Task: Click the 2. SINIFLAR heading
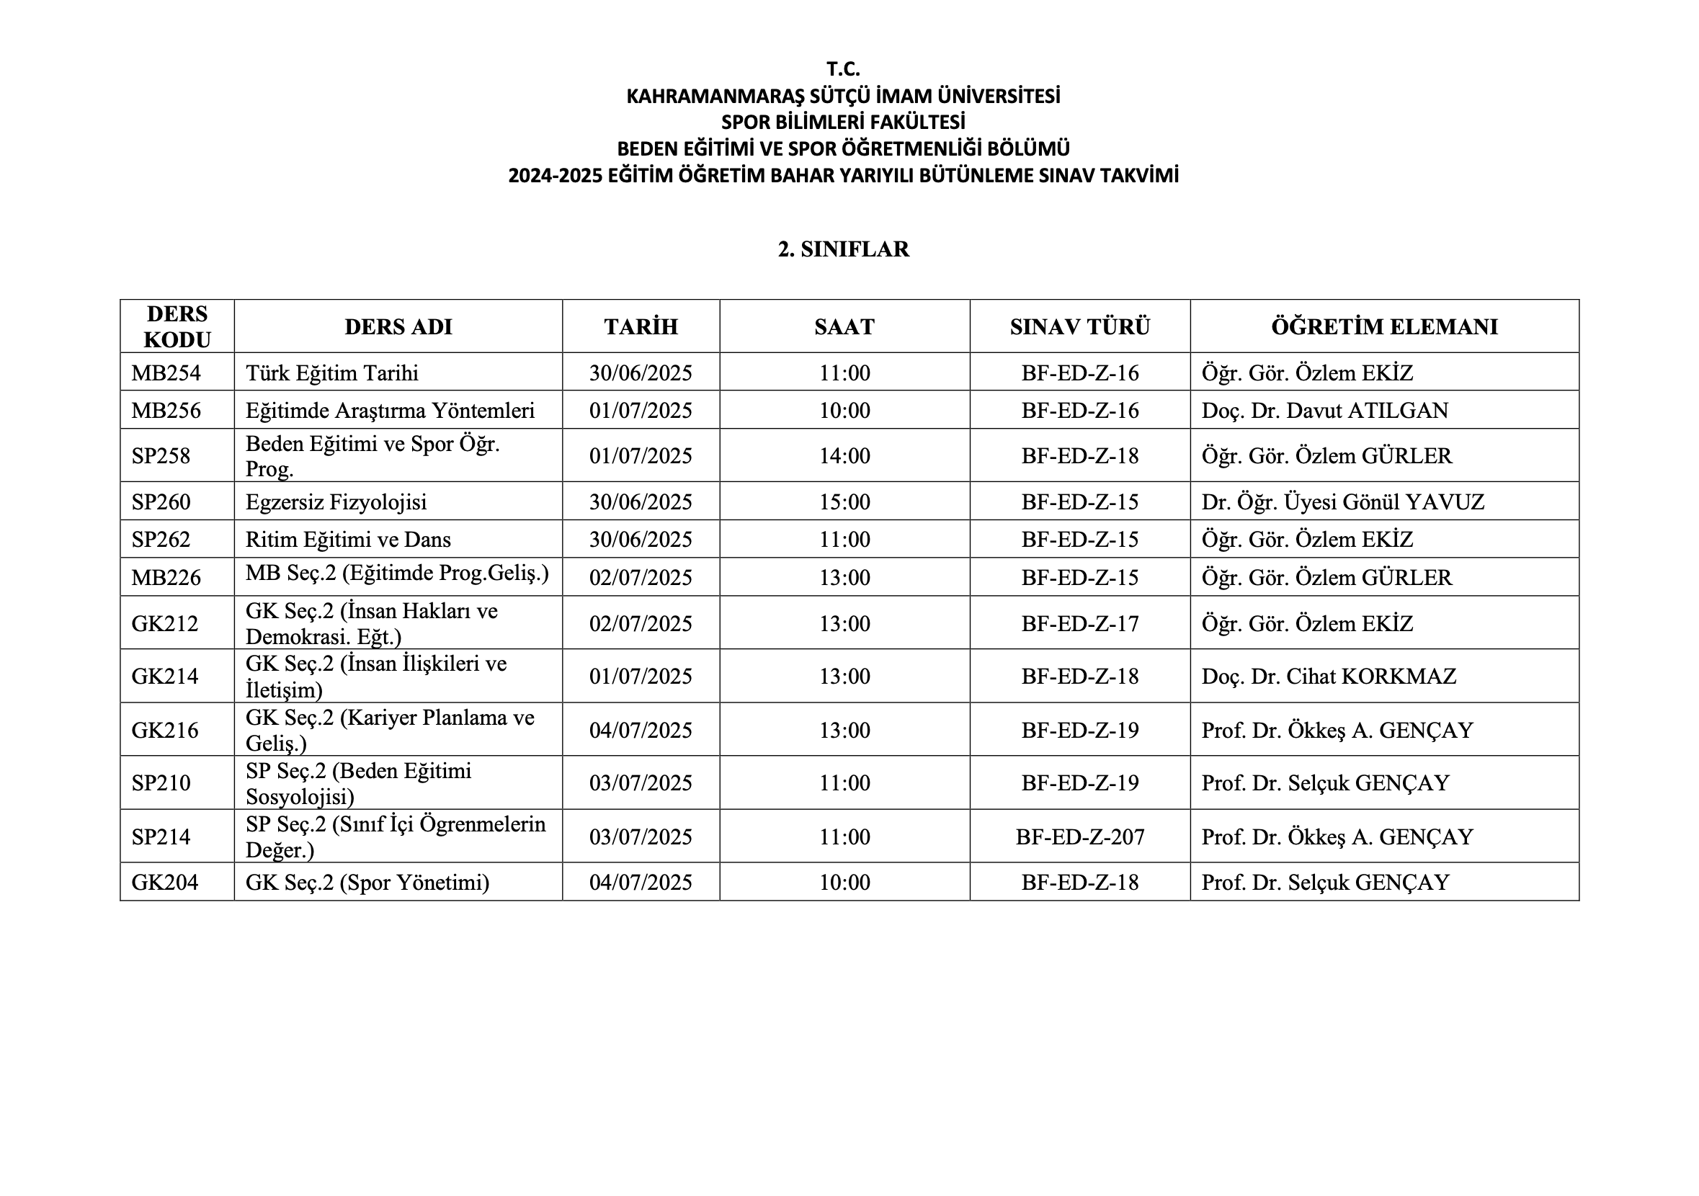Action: (843, 249)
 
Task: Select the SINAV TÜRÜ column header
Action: (1079, 326)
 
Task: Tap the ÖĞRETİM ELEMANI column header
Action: (1383, 326)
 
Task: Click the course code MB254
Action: (166, 372)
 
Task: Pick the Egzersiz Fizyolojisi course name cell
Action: (336, 501)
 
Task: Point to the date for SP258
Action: (640, 456)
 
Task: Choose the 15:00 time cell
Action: (844, 501)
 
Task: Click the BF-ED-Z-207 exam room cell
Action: (1079, 837)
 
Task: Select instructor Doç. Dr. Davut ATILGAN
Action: (1324, 411)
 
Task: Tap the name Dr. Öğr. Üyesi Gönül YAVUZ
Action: (1342, 501)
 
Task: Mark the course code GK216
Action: (165, 731)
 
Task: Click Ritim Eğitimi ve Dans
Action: (348, 540)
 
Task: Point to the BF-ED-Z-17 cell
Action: (1079, 624)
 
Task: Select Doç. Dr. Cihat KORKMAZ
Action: (1328, 677)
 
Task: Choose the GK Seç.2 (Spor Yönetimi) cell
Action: (367, 882)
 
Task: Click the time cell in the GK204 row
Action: (844, 882)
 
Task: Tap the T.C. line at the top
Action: (843, 69)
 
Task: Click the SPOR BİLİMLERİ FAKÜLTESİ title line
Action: (843, 122)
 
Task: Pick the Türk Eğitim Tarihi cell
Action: (331, 372)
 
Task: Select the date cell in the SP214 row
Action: (640, 837)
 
